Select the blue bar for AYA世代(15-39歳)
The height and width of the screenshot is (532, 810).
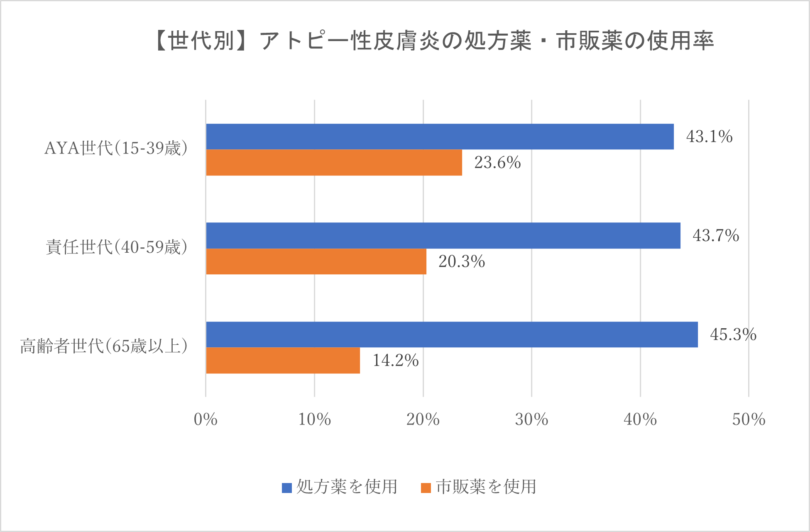point(440,137)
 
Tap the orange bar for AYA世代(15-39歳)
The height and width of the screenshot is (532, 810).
point(334,162)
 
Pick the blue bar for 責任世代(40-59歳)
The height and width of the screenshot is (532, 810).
point(443,235)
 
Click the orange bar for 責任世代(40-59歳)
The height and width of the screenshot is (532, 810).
point(316,261)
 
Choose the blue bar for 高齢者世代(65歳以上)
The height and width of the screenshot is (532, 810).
point(452,334)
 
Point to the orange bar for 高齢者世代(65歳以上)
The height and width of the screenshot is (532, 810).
point(283,360)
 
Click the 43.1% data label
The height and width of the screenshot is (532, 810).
point(709,137)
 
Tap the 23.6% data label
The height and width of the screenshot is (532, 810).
point(497,162)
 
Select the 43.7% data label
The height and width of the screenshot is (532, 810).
point(716,236)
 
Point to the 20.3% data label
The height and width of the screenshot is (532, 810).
point(462,261)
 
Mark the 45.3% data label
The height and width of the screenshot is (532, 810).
point(733,334)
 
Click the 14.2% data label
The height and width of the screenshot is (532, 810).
point(395,360)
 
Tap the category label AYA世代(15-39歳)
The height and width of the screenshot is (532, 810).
point(116,148)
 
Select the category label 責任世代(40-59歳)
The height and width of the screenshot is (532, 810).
point(116,247)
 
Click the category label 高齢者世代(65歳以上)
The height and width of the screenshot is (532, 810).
point(104,346)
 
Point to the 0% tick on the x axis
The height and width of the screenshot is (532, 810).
point(206,420)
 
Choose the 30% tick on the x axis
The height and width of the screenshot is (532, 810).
point(531,420)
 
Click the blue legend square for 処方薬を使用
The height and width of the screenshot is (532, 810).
point(286,488)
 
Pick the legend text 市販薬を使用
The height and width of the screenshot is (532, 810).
point(486,487)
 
